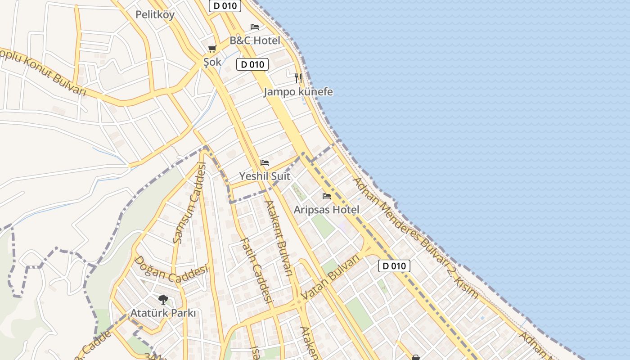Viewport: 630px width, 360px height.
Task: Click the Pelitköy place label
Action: coord(155,14)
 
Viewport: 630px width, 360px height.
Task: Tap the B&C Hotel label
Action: coord(255,40)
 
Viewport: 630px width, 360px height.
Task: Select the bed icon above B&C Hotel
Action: coord(255,27)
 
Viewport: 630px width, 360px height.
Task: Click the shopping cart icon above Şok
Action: coord(212,49)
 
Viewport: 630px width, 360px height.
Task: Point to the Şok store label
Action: coord(212,62)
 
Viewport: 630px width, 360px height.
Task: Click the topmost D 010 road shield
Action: coord(225,6)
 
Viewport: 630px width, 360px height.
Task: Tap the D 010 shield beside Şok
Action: coord(252,64)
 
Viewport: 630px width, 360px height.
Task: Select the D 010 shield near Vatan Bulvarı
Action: coord(394,266)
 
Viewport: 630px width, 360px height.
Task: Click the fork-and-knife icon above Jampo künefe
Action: coord(298,78)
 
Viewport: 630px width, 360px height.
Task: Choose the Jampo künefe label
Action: coord(298,92)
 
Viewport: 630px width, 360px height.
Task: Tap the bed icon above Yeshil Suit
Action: coord(265,163)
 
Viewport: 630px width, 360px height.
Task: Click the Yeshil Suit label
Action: coord(265,176)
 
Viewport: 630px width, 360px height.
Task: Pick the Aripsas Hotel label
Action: coord(327,210)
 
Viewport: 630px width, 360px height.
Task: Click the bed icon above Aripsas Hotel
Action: coord(327,196)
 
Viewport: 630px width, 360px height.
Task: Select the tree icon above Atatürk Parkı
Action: coord(163,299)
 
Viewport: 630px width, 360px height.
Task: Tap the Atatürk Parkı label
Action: coord(163,313)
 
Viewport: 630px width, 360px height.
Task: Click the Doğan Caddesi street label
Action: coord(171,270)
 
